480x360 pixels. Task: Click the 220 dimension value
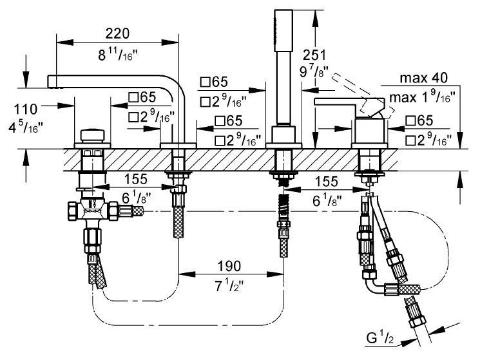(x=117, y=33)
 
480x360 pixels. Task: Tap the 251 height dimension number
(x=314, y=55)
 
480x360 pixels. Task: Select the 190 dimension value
(x=229, y=266)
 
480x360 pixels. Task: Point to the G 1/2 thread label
(x=380, y=338)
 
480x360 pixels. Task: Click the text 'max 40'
(x=424, y=78)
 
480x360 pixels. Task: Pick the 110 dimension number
(x=26, y=109)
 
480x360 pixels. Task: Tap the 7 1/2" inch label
(x=229, y=286)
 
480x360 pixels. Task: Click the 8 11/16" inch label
(x=118, y=55)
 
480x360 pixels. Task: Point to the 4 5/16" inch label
(x=26, y=127)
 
